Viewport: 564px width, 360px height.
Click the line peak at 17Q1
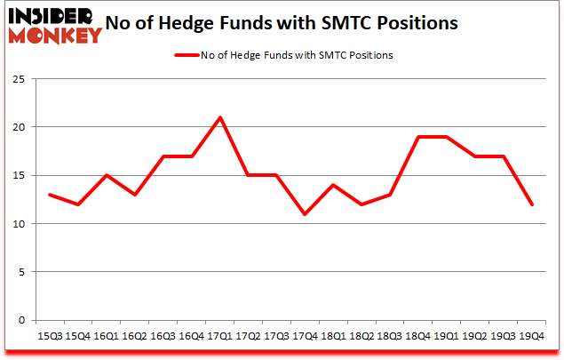click(219, 117)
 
